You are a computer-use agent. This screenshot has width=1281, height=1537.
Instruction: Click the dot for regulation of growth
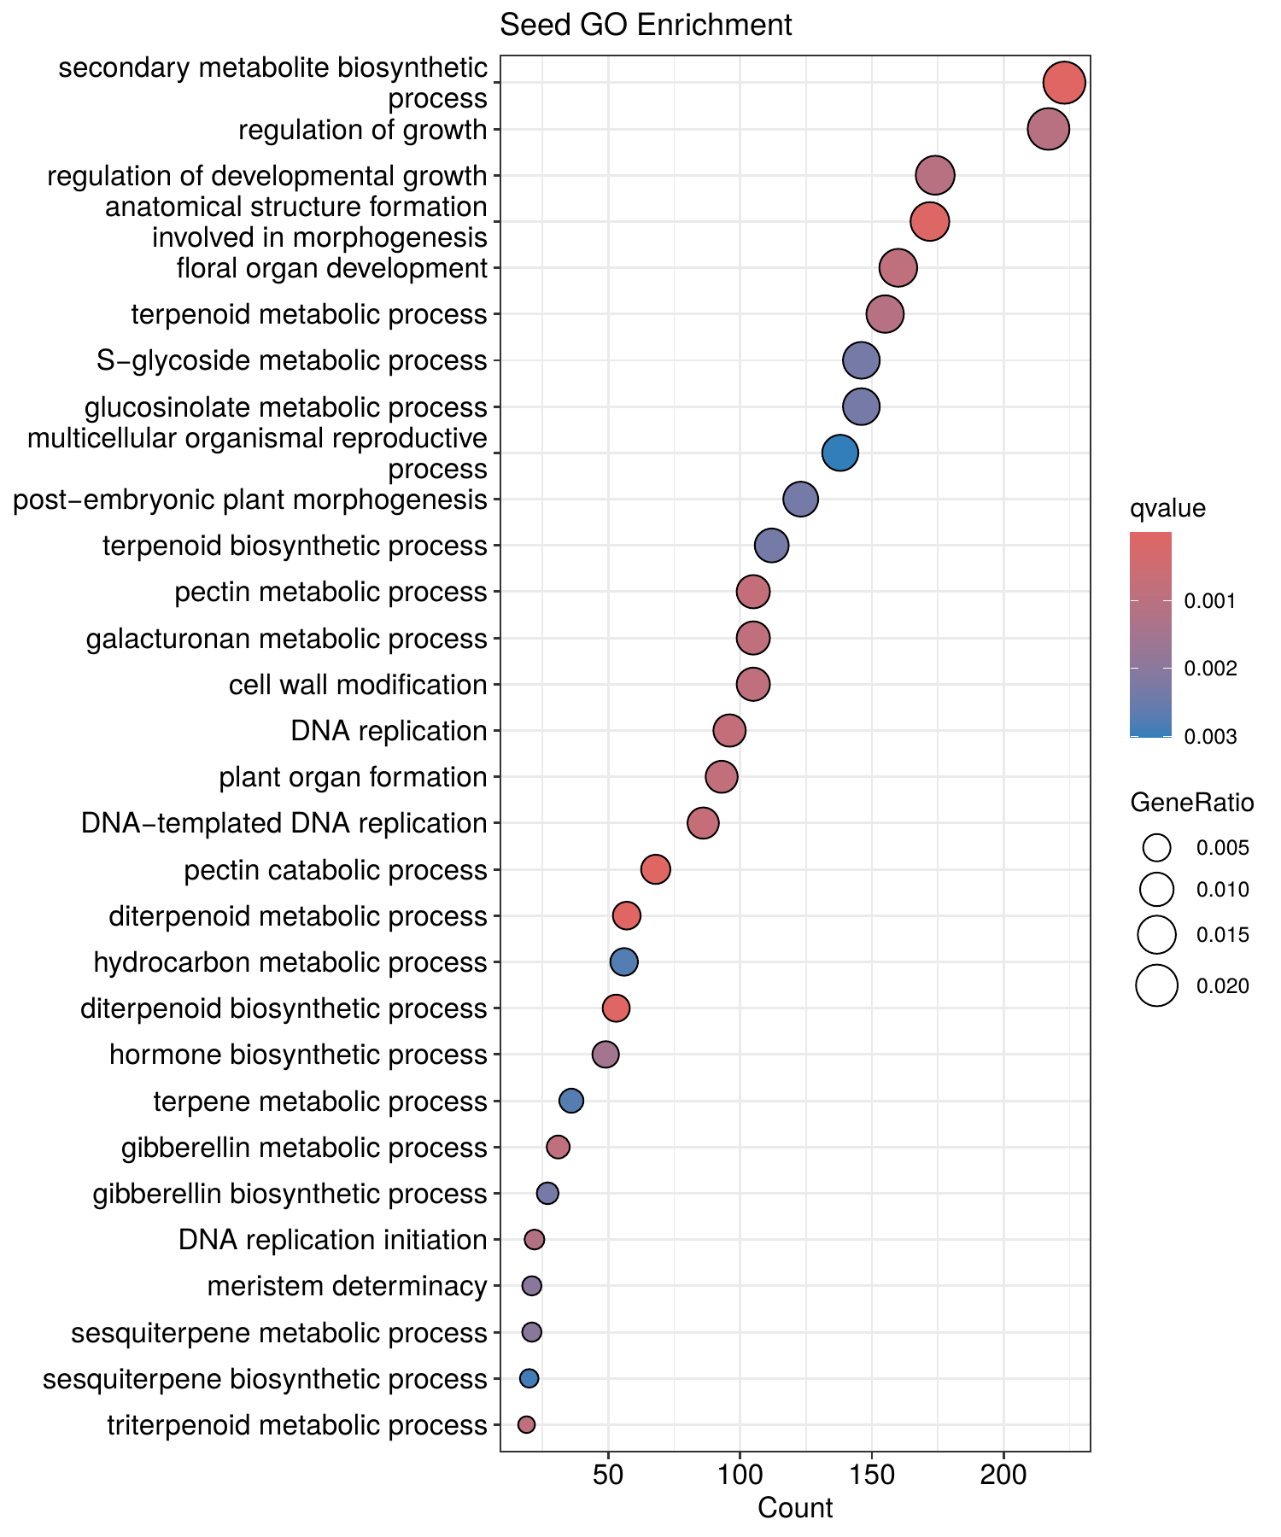coord(1048,130)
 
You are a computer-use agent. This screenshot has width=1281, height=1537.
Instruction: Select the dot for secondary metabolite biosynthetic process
coord(1064,83)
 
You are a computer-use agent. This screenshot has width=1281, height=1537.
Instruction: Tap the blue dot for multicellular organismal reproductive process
coord(840,453)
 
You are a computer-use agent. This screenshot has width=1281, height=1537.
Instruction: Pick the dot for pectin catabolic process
coord(655,870)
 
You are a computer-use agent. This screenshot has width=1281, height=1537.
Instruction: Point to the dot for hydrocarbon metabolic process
coord(624,962)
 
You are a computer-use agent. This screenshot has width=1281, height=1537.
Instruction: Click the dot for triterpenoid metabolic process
coord(526,1424)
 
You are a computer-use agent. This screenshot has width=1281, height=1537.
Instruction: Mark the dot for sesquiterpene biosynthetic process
coord(529,1378)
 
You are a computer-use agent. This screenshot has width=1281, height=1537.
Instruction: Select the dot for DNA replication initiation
coord(534,1239)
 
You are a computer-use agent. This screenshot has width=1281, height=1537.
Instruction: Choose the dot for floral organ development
coord(898,268)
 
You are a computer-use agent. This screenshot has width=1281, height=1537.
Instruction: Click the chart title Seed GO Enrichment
coord(646,25)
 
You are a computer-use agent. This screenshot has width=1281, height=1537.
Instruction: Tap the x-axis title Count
coord(795,1508)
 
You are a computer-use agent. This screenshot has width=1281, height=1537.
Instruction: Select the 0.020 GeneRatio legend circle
coord(1157,986)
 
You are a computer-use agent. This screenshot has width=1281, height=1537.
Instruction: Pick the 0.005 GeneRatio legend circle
coord(1157,848)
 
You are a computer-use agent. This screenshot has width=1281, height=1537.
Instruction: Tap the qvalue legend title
coord(1167,509)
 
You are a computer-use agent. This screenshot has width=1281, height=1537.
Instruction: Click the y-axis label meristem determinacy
coord(347,1285)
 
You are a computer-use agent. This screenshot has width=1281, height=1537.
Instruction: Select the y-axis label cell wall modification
coord(358,685)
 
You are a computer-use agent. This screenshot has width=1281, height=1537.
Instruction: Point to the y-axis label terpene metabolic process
coord(320,1102)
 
